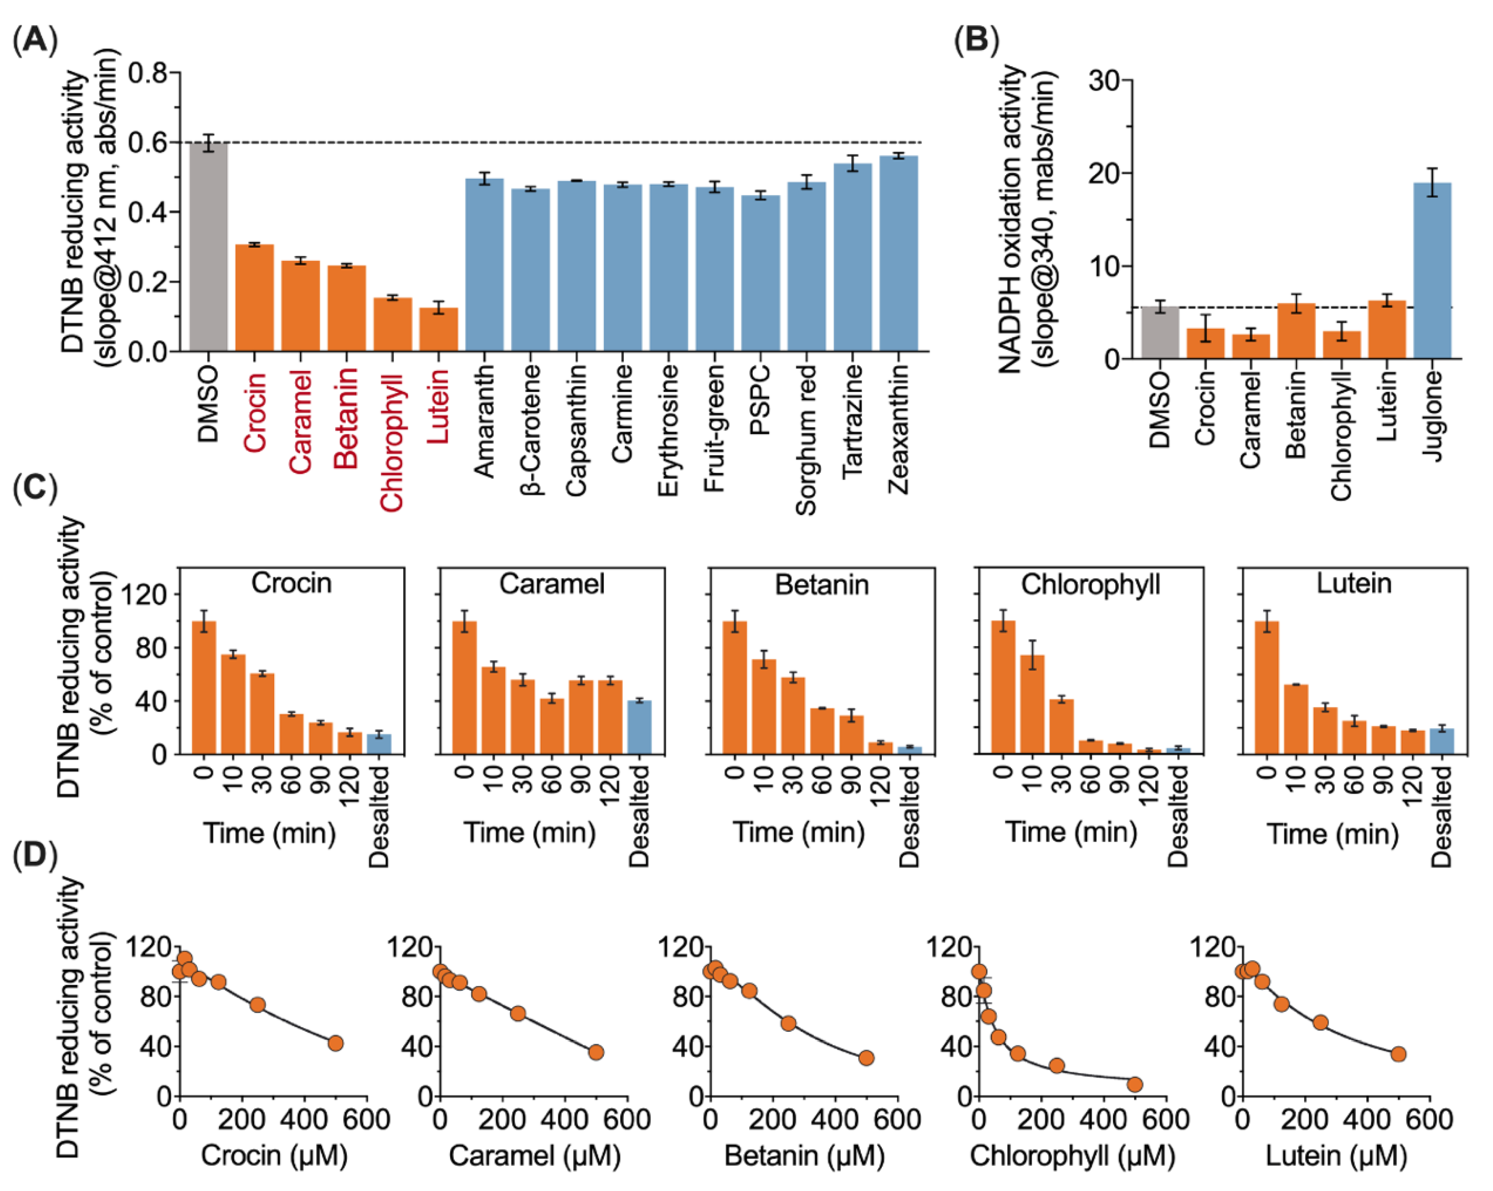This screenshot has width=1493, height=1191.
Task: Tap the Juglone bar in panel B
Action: [1431, 271]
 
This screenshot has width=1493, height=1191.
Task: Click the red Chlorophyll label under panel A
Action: [392, 441]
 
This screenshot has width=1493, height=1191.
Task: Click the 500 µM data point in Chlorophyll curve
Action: [1134, 1084]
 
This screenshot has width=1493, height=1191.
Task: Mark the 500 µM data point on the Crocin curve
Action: [335, 1043]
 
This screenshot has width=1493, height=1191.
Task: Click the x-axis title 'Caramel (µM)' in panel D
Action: [535, 1156]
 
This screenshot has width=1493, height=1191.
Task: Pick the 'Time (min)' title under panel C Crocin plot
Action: [269, 832]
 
